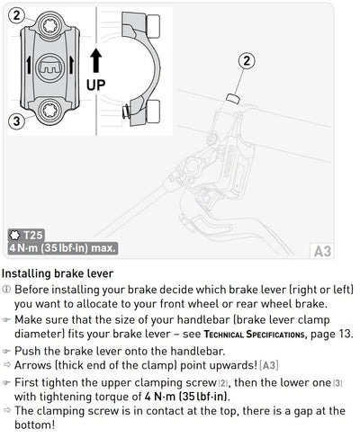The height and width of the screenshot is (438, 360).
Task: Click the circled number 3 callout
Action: (16, 121)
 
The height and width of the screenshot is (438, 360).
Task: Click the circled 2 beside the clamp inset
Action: (16, 15)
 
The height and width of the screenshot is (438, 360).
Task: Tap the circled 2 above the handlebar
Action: (247, 61)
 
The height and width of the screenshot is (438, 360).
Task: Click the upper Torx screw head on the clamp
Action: (49, 26)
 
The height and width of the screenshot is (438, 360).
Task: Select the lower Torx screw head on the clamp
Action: (49, 111)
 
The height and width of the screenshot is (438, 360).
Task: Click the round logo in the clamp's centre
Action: (49, 67)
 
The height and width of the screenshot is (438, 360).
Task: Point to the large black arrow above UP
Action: (96, 60)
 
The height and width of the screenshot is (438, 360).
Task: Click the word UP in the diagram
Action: (96, 85)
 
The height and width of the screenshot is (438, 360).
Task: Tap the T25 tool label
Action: (33, 236)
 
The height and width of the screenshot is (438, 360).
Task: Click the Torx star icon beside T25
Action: (14, 236)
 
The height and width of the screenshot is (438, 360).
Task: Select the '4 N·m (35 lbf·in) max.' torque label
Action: (62, 248)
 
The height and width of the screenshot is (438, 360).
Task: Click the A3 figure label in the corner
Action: (322, 251)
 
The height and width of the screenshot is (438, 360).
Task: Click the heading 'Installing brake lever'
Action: (58, 273)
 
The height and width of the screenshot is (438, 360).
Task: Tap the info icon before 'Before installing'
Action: (6, 290)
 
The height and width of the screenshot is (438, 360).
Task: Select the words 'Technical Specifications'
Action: (255, 335)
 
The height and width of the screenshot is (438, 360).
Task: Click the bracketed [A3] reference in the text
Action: (269, 365)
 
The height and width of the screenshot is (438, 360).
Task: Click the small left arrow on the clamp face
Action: (29, 65)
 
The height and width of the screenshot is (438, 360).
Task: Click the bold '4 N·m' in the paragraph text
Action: (160, 397)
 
